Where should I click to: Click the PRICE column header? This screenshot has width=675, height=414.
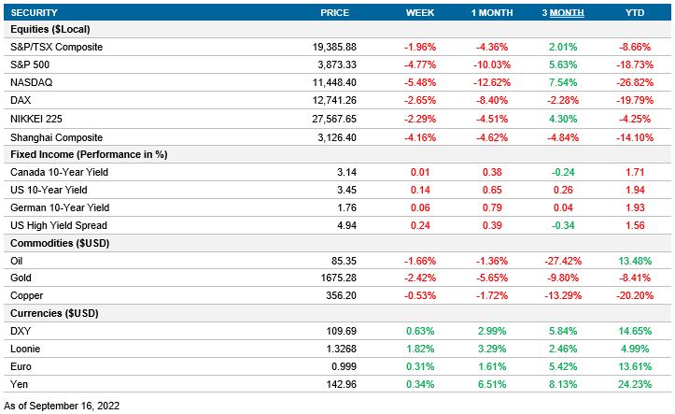[334, 12]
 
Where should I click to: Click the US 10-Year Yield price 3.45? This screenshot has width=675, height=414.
[347, 189]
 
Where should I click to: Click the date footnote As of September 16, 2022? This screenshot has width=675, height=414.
[63, 406]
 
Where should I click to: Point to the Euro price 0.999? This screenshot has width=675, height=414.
[344, 366]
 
